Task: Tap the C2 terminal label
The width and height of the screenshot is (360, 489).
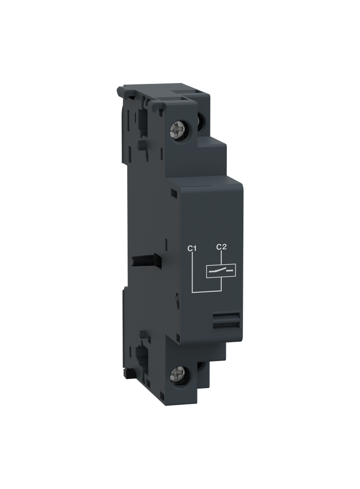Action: click(x=221, y=247)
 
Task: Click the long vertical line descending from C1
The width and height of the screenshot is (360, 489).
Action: click(x=192, y=271)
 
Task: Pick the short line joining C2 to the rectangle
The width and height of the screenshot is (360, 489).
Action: click(x=221, y=258)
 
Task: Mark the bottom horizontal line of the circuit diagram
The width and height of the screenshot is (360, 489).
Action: click(x=207, y=291)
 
